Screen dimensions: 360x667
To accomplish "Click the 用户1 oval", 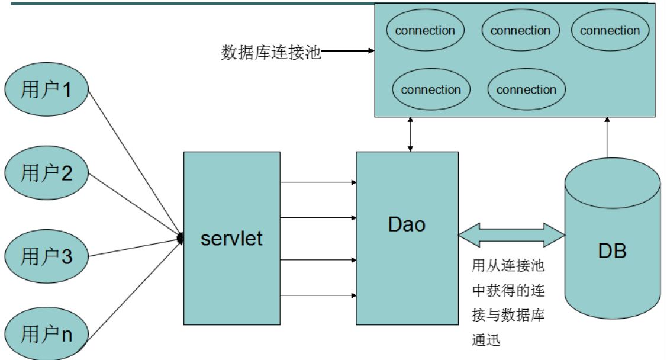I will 46,90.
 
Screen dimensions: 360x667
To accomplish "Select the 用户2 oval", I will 46,173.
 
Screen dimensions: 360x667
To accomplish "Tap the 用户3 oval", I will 46,257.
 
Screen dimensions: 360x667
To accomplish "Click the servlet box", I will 231,239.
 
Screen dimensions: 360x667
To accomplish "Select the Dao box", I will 407,239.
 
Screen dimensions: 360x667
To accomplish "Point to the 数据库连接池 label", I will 270,53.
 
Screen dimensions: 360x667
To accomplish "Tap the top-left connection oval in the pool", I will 424,31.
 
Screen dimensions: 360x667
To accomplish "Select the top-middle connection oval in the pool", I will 520,31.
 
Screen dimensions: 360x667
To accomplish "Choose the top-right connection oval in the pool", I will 610,31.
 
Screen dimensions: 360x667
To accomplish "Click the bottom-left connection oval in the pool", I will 430,90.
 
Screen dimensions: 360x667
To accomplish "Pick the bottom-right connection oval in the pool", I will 526,90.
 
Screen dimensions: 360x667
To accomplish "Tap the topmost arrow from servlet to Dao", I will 318,182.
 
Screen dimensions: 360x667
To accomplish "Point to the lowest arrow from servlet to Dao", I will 318,295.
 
